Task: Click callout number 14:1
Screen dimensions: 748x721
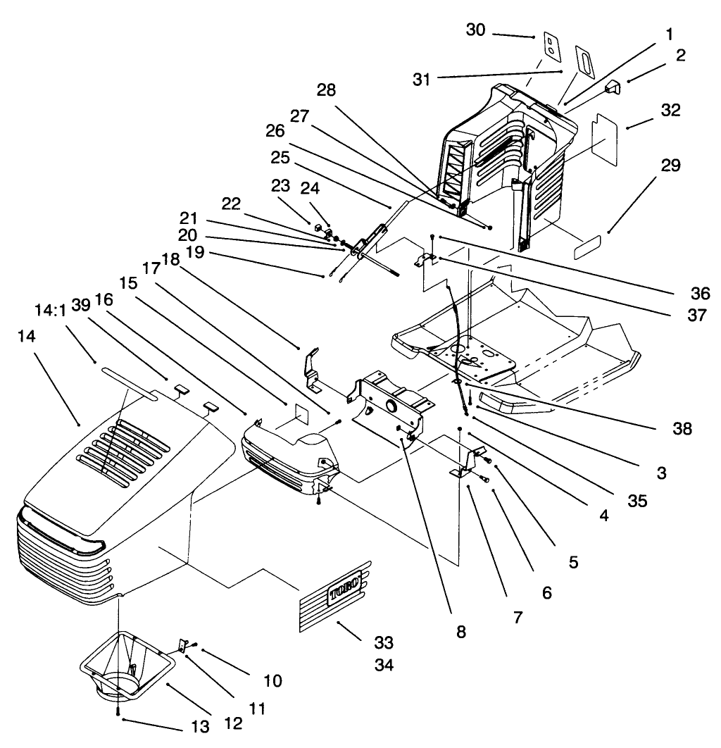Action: (x=50, y=310)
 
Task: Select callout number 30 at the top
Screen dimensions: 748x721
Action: (x=476, y=30)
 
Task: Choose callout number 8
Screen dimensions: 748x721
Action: (x=460, y=632)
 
